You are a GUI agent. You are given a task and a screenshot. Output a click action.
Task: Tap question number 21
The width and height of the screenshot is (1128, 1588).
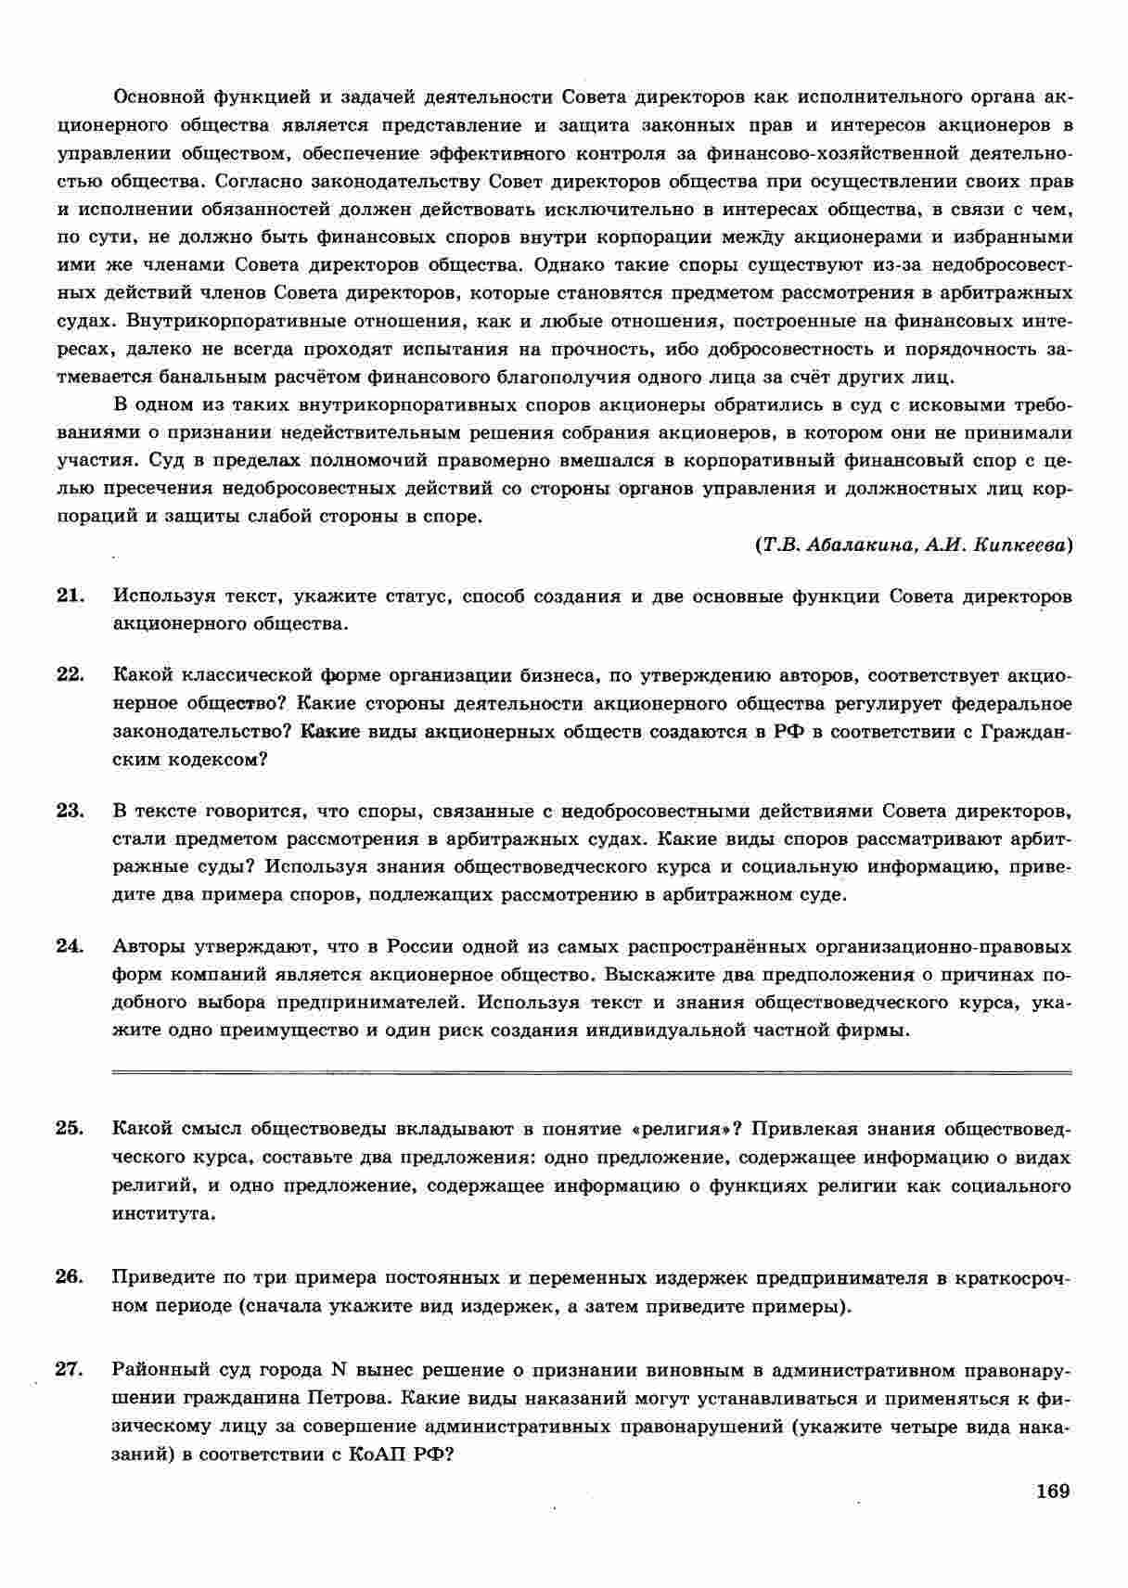click(x=70, y=596)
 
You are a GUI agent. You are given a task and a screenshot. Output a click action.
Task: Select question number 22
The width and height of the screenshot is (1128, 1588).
click(x=70, y=675)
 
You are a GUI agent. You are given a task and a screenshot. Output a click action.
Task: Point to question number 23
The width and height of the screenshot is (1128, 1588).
click(x=70, y=812)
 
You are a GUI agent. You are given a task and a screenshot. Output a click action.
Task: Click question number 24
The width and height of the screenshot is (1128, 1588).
click(x=70, y=947)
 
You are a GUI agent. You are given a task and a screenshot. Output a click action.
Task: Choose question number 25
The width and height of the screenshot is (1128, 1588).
click(x=70, y=1129)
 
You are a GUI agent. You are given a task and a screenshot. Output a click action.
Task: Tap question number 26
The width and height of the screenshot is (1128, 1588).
click(x=70, y=1278)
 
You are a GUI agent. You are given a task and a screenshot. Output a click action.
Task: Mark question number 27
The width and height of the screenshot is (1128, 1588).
click(x=70, y=1370)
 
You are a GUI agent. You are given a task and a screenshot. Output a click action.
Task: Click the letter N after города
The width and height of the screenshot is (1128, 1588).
click(x=339, y=1370)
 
